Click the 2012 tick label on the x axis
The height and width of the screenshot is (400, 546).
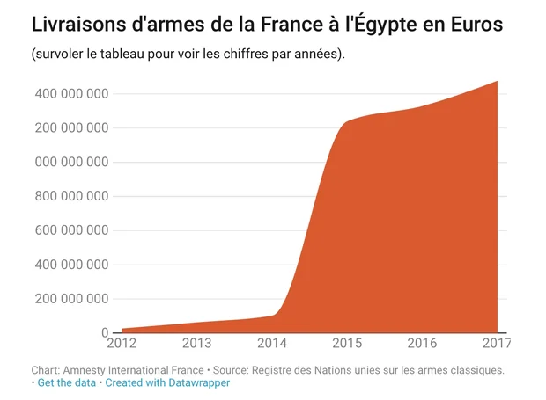[x=122, y=342]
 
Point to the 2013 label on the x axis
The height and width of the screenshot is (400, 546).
[x=197, y=342]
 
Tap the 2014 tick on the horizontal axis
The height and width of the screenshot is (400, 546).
[x=271, y=342]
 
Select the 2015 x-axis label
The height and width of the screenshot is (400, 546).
[x=347, y=342]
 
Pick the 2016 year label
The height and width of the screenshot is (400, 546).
[x=422, y=342]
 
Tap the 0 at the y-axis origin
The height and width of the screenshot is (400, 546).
[x=104, y=332]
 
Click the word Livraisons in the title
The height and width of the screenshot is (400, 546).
[x=74, y=25]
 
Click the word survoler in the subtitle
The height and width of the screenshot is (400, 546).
[x=60, y=55]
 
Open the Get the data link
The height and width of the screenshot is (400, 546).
[x=66, y=383]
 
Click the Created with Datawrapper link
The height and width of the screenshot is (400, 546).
[x=166, y=383]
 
